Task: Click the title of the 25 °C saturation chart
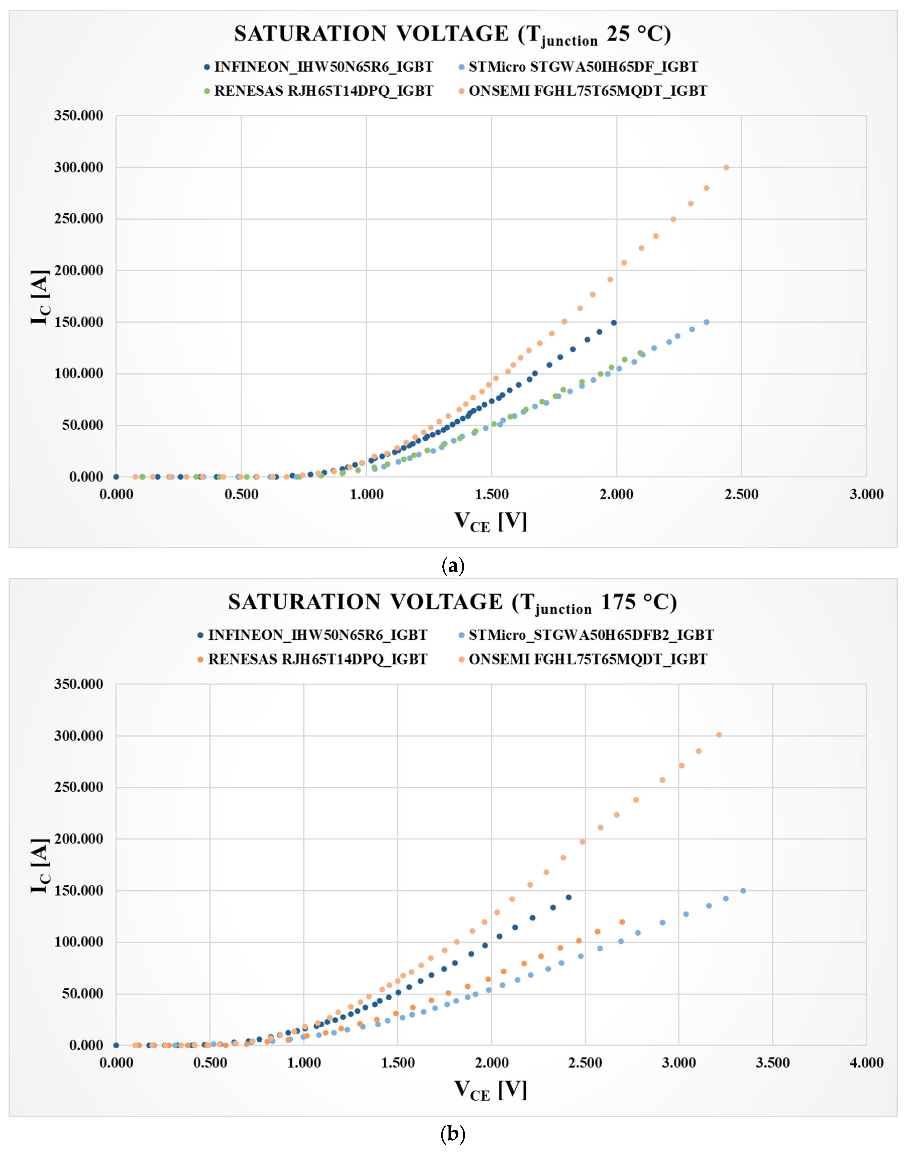[x=452, y=35]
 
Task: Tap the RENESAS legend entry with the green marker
[x=323, y=91]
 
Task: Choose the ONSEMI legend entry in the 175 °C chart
[x=587, y=659]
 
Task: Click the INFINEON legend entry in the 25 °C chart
[x=323, y=67]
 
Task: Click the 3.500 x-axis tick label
[x=773, y=1063]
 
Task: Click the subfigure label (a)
[x=453, y=565]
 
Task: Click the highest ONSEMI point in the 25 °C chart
[x=726, y=167]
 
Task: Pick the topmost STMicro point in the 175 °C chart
[x=743, y=891]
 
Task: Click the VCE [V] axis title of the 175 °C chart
[x=490, y=1090]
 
